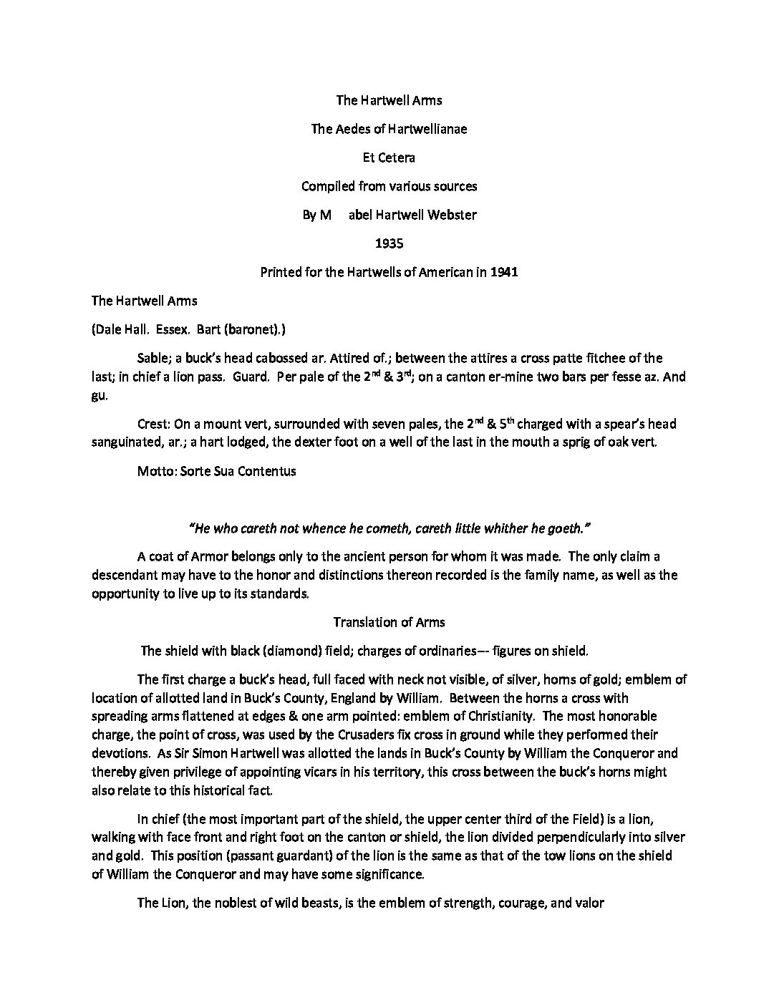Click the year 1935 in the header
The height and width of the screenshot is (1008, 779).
(389, 243)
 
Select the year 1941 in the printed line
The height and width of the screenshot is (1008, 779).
(505, 272)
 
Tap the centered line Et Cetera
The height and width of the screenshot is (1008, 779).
(389, 157)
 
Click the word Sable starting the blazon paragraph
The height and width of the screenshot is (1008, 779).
(152, 358)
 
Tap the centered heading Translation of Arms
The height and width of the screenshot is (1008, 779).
(389, 622)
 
